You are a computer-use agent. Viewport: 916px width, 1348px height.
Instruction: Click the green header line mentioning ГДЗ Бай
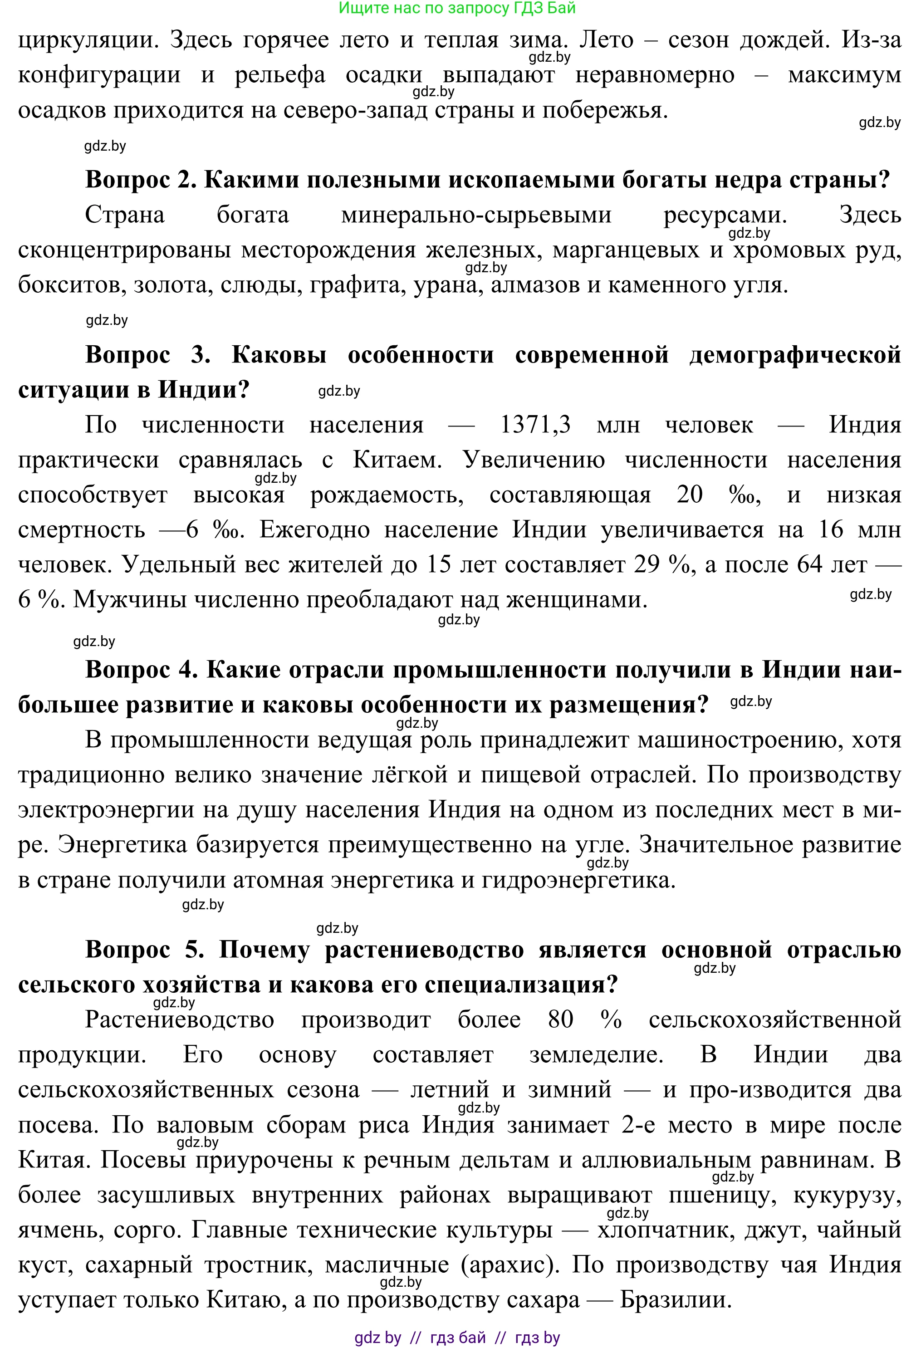coord(457,8)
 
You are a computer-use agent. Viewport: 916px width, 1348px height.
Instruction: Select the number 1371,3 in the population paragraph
coord(535,425)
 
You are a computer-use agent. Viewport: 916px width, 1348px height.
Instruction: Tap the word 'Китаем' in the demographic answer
coord(397,460)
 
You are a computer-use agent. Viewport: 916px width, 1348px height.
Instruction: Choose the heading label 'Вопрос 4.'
coord(142,670)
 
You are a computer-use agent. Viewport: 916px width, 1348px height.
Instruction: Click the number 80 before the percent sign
coord(560,1020)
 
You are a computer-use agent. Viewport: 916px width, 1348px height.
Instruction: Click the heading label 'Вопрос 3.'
coord(147,354)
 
